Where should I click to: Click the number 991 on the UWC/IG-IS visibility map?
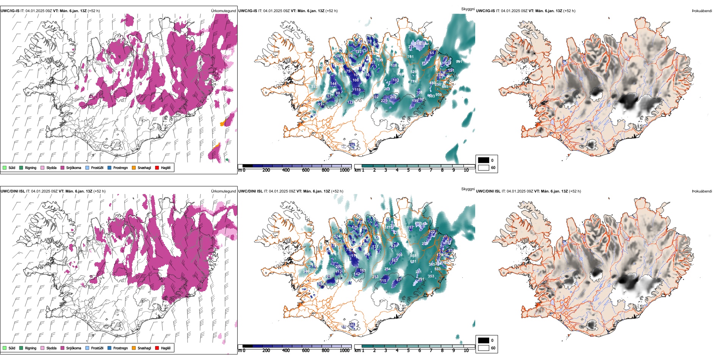click(459, 62)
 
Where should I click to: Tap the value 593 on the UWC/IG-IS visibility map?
click(314, 87)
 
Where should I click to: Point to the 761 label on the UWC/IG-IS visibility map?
click(410, 57)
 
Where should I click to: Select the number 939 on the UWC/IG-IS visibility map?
click(438, 95)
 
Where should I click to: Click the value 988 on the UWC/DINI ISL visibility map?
click(413, 256)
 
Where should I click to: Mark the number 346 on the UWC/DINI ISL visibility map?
click(306, 271)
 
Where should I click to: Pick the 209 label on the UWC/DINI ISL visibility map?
click(338, 267)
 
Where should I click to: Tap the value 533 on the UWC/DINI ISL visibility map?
click(437, 269)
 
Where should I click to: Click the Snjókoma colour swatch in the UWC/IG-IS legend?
click(63, 168)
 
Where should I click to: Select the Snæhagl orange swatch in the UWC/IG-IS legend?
click(134, 168)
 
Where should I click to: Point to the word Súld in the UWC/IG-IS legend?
click(12, 168)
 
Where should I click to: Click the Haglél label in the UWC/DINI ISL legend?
click(166, 348)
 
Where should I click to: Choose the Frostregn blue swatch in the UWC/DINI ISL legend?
click(110, 348)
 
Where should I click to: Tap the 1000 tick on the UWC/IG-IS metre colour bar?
click(344, 170)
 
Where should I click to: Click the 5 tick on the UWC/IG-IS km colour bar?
click(408, 170)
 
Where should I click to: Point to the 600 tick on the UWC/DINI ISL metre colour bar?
click(306, 351)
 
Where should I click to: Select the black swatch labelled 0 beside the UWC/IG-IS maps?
click(484, 160)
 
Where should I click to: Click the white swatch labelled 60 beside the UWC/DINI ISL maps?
click(484, 348)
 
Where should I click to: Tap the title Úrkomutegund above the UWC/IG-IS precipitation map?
click(223, 11)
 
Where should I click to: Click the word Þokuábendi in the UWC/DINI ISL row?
click(702, 191)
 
